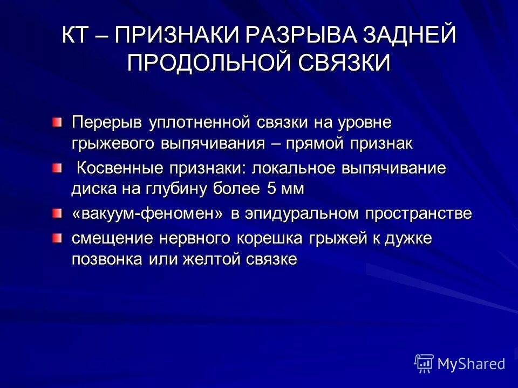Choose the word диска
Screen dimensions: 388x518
click(x=90, y=189)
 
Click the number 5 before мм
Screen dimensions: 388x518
click(x=271, y=189)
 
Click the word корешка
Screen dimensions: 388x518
click(x=274, y=238)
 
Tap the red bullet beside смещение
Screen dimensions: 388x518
click(x=58, y=238)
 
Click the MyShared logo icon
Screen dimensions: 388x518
click(x=424, y=363)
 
